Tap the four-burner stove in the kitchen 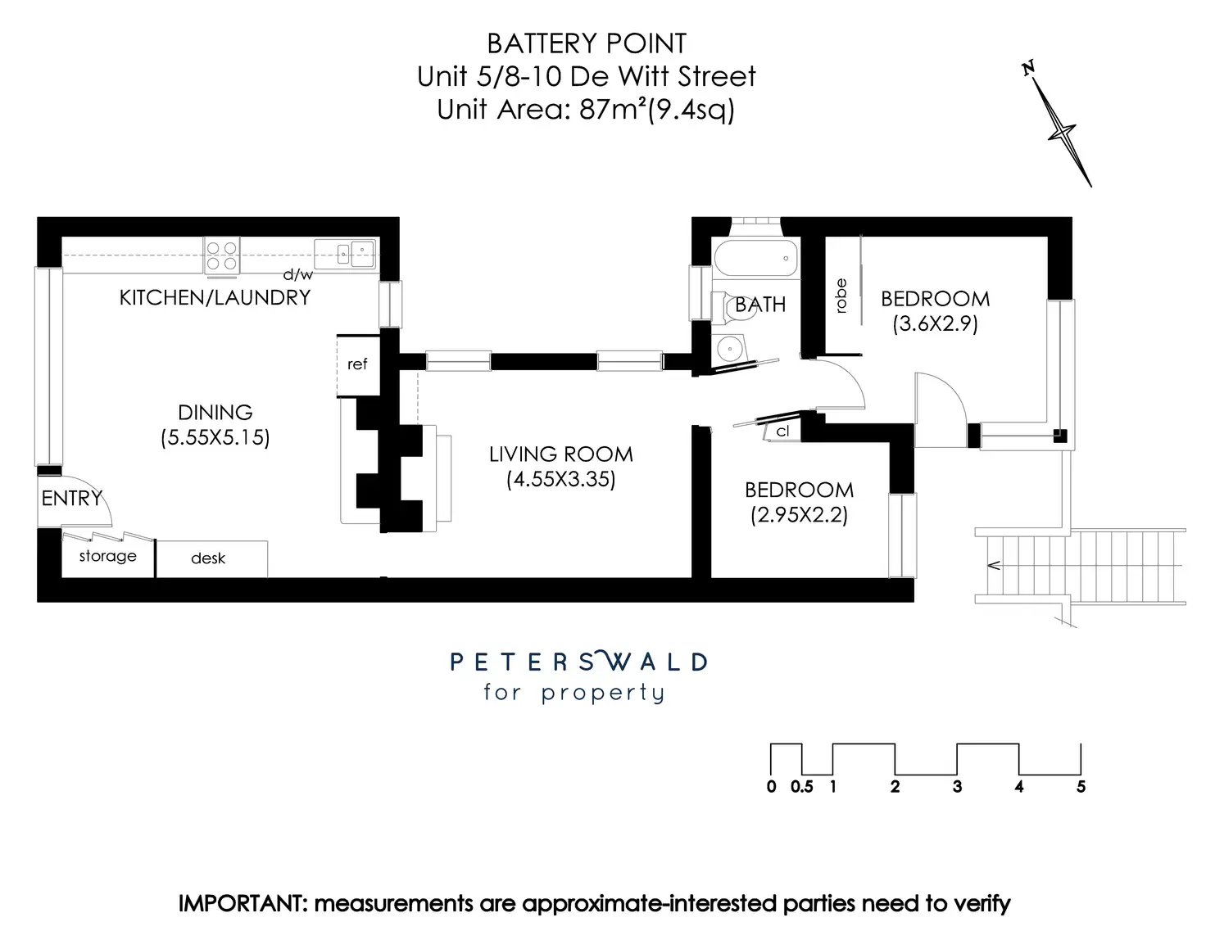pos(221,254)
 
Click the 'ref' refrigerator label pos(357,364)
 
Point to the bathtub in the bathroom pos(755,258)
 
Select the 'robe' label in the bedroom pos(841,296)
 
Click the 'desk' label pos(208,558)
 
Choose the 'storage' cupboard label pos(107,556)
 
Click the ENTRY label pos(72,498)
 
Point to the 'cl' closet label pos(783,432)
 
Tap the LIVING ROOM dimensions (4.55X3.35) pos(560,479)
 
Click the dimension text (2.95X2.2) pos(799,515)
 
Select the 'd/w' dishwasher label pos(297,275)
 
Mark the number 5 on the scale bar pos(1081,787)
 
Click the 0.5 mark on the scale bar pos(802,787)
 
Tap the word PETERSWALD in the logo pos(578,662)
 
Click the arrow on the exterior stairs pos(995,564)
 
